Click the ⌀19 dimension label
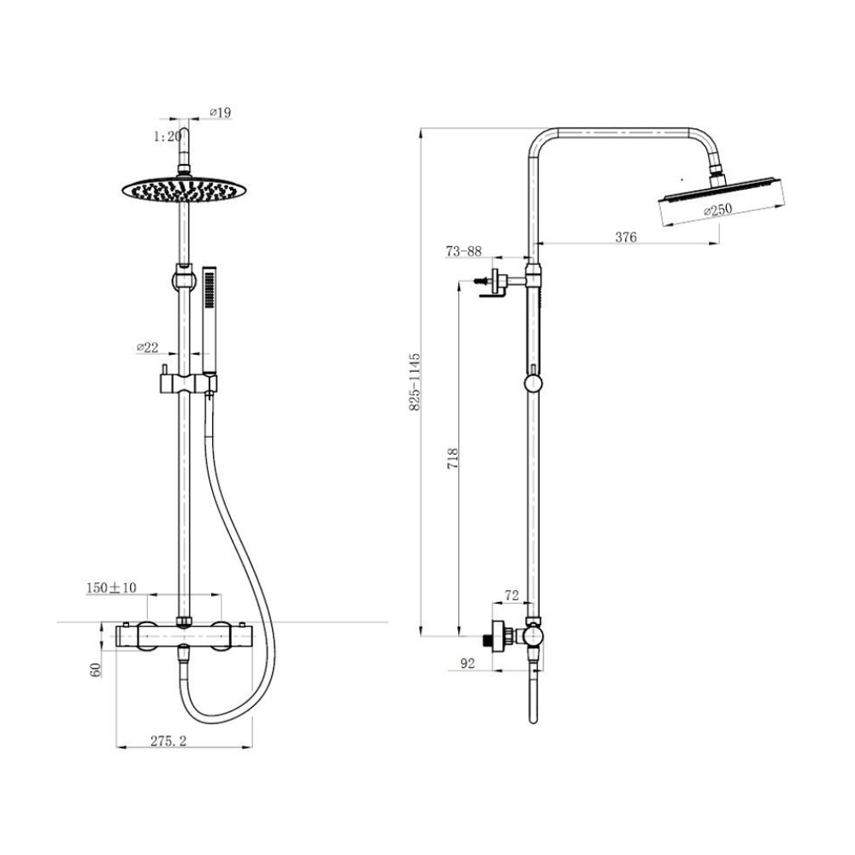click(x=221, y=112)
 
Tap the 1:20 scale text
click(x=168, y=136)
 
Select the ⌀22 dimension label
click(x=147, y=347)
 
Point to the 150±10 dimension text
click(x=112, y=587)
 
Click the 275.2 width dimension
click(x=168, y=740)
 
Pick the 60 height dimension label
click(x=96, y=669)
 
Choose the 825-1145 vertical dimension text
click(x=415, y=381)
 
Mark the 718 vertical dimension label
click(x=452, y=459)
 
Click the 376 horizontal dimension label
click(x=626, y=237)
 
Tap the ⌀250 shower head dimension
click(x=717, y=210)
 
